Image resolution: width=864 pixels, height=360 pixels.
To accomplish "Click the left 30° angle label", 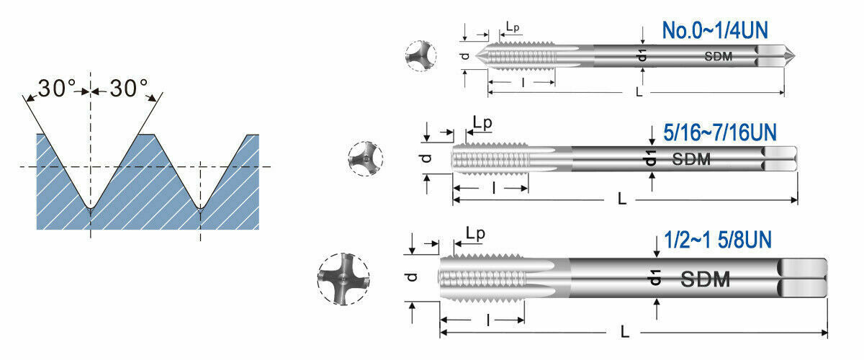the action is click(57, 88).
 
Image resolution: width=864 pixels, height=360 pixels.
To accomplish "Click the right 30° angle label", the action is click(129, 88).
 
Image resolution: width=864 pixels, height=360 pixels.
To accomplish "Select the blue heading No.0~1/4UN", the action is click(715, 30).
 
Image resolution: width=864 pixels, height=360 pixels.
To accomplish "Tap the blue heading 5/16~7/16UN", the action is click(720, 132).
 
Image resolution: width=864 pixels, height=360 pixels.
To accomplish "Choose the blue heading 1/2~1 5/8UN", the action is click(717, 240).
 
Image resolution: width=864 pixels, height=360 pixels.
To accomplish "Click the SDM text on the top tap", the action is click(719, 56).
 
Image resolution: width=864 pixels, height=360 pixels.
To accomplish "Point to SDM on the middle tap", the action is click(691, 159).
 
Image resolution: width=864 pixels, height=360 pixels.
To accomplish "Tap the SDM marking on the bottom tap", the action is click(705, 279).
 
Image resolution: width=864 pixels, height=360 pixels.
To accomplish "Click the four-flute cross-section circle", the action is click(343, 279).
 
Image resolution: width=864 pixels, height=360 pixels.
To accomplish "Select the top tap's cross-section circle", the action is click(420, 55).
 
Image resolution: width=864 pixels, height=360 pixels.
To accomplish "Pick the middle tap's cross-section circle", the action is click(365, 158).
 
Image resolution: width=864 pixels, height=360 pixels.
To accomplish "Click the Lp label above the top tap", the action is click(513, 27).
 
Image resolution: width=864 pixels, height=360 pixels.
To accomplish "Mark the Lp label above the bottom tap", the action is click(475, 234).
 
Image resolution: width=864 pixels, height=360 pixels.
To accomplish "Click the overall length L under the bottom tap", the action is click(625, 331).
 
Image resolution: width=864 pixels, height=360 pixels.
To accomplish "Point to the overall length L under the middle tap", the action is click(621, 199).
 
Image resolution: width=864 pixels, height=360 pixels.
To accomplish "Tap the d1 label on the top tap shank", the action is click(642, 55).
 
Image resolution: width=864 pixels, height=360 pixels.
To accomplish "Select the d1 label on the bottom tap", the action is click(655, 277).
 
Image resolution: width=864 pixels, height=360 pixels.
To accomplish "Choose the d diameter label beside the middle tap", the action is click(426, 158).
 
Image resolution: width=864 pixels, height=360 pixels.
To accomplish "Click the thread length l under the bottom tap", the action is click(488, 320).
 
